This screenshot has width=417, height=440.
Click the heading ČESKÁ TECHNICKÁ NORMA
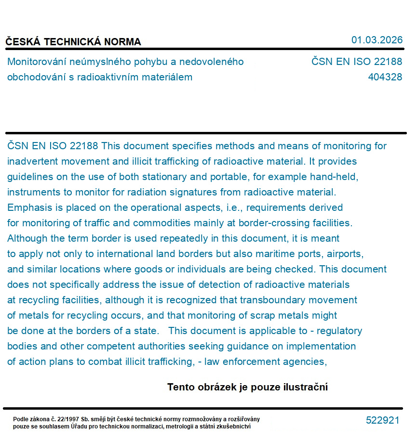73,42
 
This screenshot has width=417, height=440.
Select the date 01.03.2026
377,40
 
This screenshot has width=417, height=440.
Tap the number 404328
385,77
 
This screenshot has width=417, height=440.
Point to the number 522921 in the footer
382,420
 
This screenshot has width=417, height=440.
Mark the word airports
344,254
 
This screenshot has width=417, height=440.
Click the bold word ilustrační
306,387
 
